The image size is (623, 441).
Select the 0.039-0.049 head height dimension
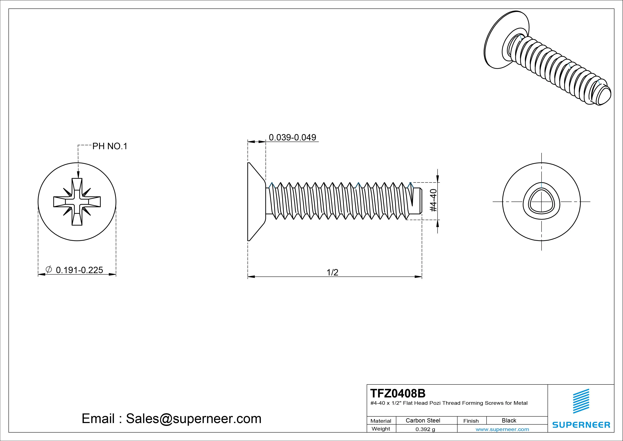(x=292, y=137)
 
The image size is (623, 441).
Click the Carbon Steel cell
(x=423, y=420)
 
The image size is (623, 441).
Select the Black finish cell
(x=509, y=420)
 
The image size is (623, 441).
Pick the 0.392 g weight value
(x=425, y=429)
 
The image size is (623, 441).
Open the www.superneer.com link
(x=502, y=429)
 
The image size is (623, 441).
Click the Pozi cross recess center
(x=77, y=202)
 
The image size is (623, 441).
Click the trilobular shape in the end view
(x=541, y=202)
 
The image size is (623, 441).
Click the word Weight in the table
(x=381, y=429)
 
